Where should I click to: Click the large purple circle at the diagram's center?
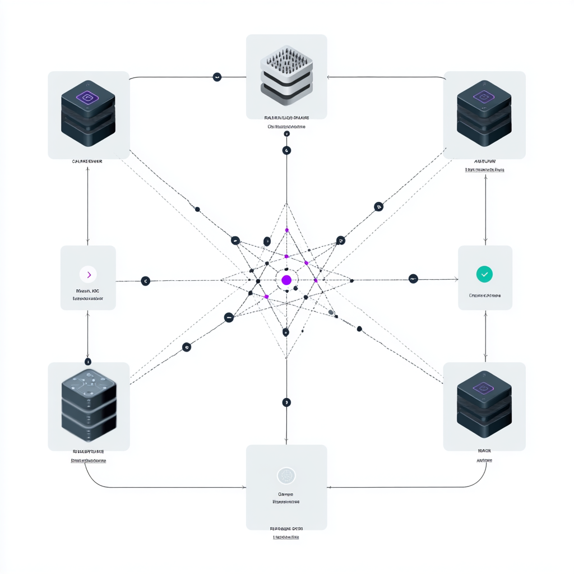pos(286,280)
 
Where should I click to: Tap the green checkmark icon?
pos(484,274)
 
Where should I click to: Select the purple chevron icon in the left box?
pos(88,274)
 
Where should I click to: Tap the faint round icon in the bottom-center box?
pos(286,476)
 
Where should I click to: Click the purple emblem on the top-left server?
pos(88,98)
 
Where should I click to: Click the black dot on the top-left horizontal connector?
pos(217,77)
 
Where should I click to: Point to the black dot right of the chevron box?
pos(145,281)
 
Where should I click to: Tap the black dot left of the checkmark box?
pos(413,279)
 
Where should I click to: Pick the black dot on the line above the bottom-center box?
pos(286,402)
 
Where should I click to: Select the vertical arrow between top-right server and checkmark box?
pos(485,207)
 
